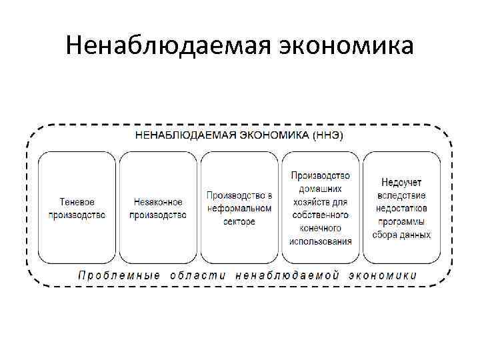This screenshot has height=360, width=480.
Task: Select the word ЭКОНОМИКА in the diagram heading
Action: [274, 135]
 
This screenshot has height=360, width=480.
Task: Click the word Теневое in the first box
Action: [77, 202]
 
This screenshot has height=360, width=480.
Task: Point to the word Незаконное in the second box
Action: [158, 202]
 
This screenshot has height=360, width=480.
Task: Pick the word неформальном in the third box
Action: [239, 208]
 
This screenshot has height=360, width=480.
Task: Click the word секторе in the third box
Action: [239, 221]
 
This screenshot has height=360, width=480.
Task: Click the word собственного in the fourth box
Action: [321, 215]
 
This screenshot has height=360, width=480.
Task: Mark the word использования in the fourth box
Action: [321, 241]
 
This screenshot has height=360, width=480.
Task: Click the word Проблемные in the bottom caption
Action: [119, 275]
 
